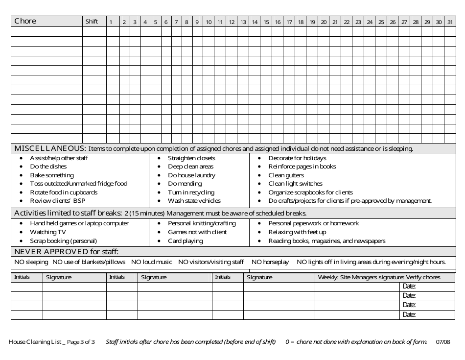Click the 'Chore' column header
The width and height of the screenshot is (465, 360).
[x=25, y=22]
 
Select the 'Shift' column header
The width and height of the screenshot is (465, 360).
[x=92, y=22]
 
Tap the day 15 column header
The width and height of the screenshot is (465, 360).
[x=266, y=22]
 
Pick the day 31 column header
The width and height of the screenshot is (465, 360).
[x=450, y=22]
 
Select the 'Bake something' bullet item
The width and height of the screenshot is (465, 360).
[x=52, y=175]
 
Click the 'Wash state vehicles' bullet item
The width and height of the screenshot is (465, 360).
[x=194, y=201]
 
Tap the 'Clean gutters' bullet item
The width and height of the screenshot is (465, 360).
[x=286, y=175]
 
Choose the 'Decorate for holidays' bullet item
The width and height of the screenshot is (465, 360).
[x=297, y=158]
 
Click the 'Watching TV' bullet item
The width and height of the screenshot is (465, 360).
[x=47, y=232]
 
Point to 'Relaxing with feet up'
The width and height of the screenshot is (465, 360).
[x=297, y=232]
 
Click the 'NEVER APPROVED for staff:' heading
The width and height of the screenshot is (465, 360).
[x=67, y=252]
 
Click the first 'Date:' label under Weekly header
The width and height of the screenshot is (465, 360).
[x=409, y=287]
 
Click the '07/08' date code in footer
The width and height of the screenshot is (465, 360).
[x=442, y=342]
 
